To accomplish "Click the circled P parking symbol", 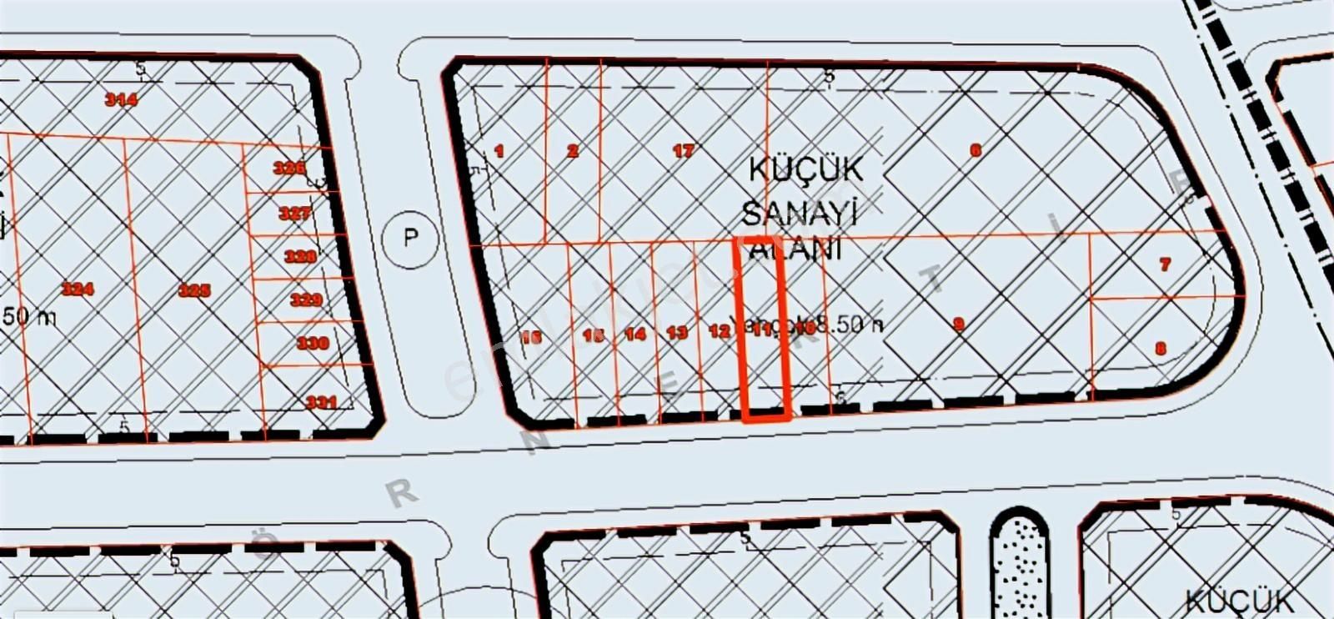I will coord(410,239).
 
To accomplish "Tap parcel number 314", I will coord(121,99).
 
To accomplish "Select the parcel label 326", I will coord(289,168).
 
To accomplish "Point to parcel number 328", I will coord(300,256).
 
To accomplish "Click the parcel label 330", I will coord(313,343).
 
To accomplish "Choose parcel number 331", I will coord(321,402).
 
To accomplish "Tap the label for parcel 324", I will coord(78,289).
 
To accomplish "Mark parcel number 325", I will coord(194,290).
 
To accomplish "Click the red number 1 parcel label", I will coord(499,151).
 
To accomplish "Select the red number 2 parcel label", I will coord(572,151).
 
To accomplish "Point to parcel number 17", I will coord(683,151).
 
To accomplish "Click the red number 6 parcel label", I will coord(975,151).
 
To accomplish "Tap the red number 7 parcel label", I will coord(1165,264).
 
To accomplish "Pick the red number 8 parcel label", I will coord(1161,349).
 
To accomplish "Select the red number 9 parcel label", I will coord(959,324).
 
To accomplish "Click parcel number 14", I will coord(635,335).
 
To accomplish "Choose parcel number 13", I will coord(677,333).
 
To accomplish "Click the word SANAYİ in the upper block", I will coord(799,214).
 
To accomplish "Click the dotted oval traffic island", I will coord(1019,567).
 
